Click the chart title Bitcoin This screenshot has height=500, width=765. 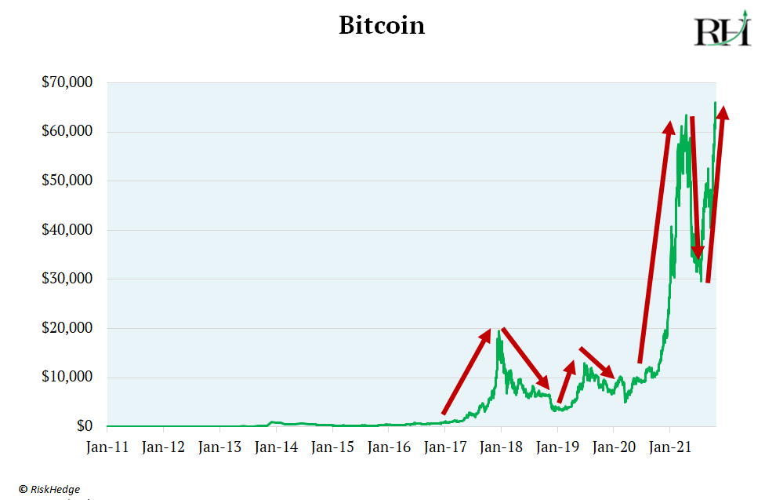(x=382, y=25)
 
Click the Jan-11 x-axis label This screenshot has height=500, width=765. (x=107, y=448)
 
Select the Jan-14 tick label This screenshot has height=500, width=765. (x=276, y=448)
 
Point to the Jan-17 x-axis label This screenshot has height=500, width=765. (x=444, y=448)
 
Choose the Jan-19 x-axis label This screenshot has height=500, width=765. (x=557, y=448)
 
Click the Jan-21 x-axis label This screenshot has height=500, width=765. (x=669, y=448)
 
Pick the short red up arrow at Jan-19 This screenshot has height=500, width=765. (x=567, y=381)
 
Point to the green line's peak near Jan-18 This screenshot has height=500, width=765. (x=499, y=333)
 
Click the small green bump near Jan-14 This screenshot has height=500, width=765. (x=272, y=422)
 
